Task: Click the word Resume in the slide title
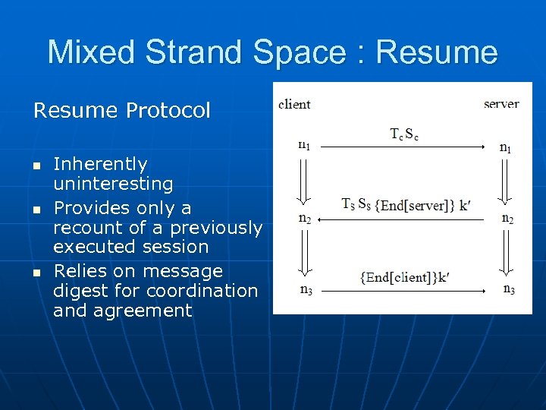437,52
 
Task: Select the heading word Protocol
168,111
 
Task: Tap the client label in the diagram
294,104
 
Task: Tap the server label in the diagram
501,104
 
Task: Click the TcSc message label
404,135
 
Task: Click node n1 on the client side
303,145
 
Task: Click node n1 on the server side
506,147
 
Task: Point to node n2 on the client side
304,219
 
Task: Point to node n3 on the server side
508,289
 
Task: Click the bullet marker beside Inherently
36,165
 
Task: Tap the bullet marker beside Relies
36,272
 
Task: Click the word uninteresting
113,184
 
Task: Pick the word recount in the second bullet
83,228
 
